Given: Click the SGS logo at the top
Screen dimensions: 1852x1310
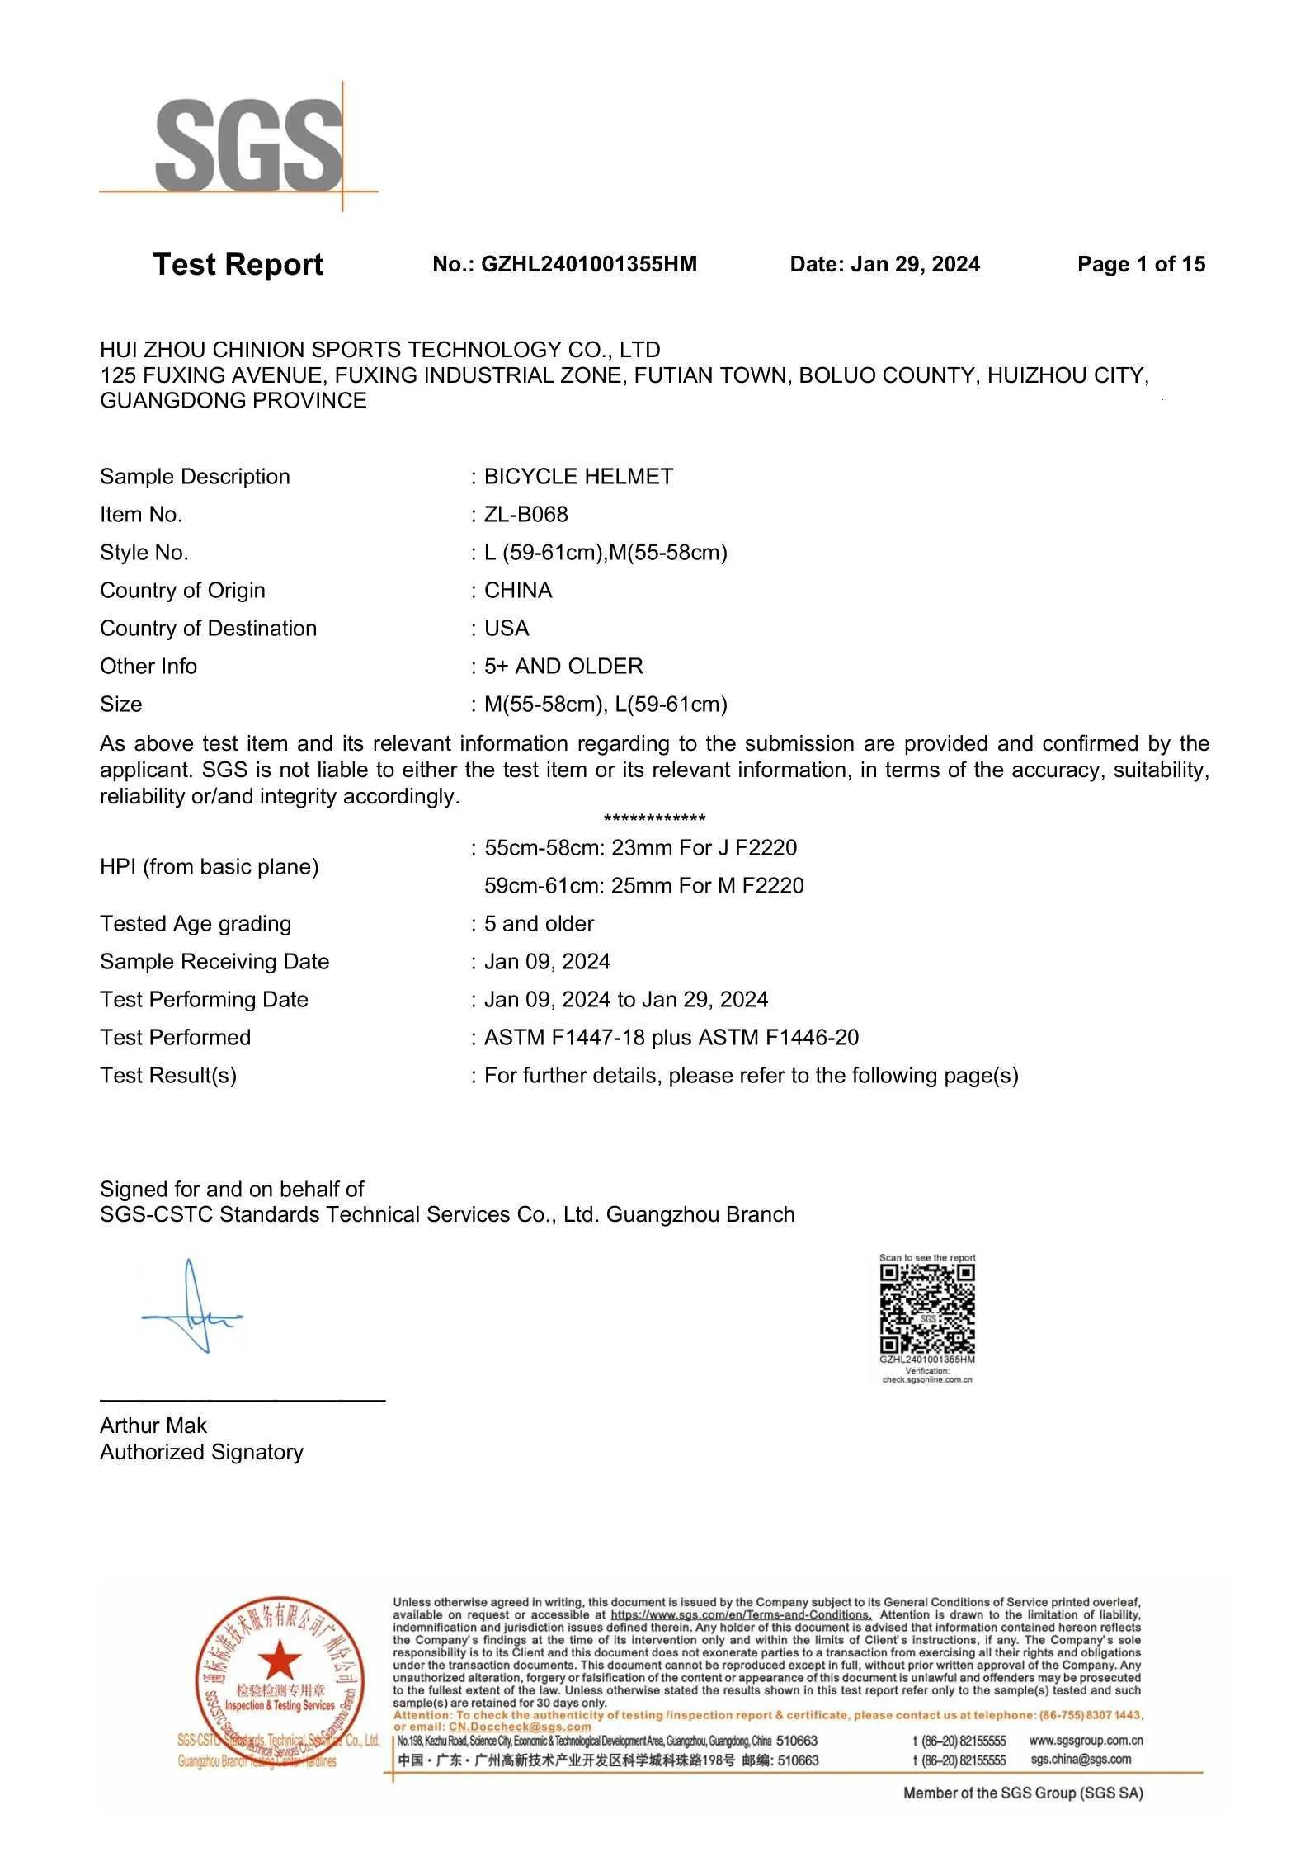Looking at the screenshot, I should coord(247,145).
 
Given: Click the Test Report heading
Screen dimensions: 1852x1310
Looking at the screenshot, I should coord(238,265).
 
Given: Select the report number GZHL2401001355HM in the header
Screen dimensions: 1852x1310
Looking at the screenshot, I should coord(588,265).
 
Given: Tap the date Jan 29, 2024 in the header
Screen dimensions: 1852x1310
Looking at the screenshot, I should coord(915,265).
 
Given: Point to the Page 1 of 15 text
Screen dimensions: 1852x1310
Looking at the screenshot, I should coord(1141,265).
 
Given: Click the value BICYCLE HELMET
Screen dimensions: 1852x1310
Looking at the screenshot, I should coord(578,477).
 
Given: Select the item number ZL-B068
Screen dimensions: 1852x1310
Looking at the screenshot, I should coord(525,515).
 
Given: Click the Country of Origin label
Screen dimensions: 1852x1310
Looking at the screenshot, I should coord(182,591).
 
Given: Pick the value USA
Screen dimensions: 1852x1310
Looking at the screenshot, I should coord(507,629).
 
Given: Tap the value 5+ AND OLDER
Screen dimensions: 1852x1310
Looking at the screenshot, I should coord(563,667).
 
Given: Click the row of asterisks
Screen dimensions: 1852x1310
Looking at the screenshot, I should coord(654,818).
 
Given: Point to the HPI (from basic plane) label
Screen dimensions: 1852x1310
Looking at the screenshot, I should coord(209,867).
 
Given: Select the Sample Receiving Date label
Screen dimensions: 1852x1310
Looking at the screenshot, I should coord(214,962).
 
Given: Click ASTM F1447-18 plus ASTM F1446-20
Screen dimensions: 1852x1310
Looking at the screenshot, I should coord(671,1038).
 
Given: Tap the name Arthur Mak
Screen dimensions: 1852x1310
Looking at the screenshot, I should coord(153,1426).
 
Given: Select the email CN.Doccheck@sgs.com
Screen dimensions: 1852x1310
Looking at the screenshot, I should coord(520,1727).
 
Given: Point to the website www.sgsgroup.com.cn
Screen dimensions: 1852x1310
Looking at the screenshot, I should coord(1086,1741).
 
